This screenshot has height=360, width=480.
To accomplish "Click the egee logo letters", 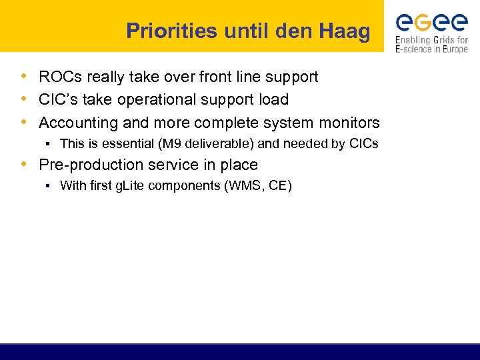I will point(431,23).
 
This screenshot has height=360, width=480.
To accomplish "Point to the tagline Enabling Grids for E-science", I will point(431,45).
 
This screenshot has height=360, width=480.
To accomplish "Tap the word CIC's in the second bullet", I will point(56,100).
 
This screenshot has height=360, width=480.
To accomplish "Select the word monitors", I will point(346,123).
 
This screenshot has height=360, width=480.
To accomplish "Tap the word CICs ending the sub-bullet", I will point(364,143).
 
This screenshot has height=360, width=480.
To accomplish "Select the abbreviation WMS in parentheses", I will point(246,185).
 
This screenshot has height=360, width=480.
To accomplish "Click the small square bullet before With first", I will point(49,186).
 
